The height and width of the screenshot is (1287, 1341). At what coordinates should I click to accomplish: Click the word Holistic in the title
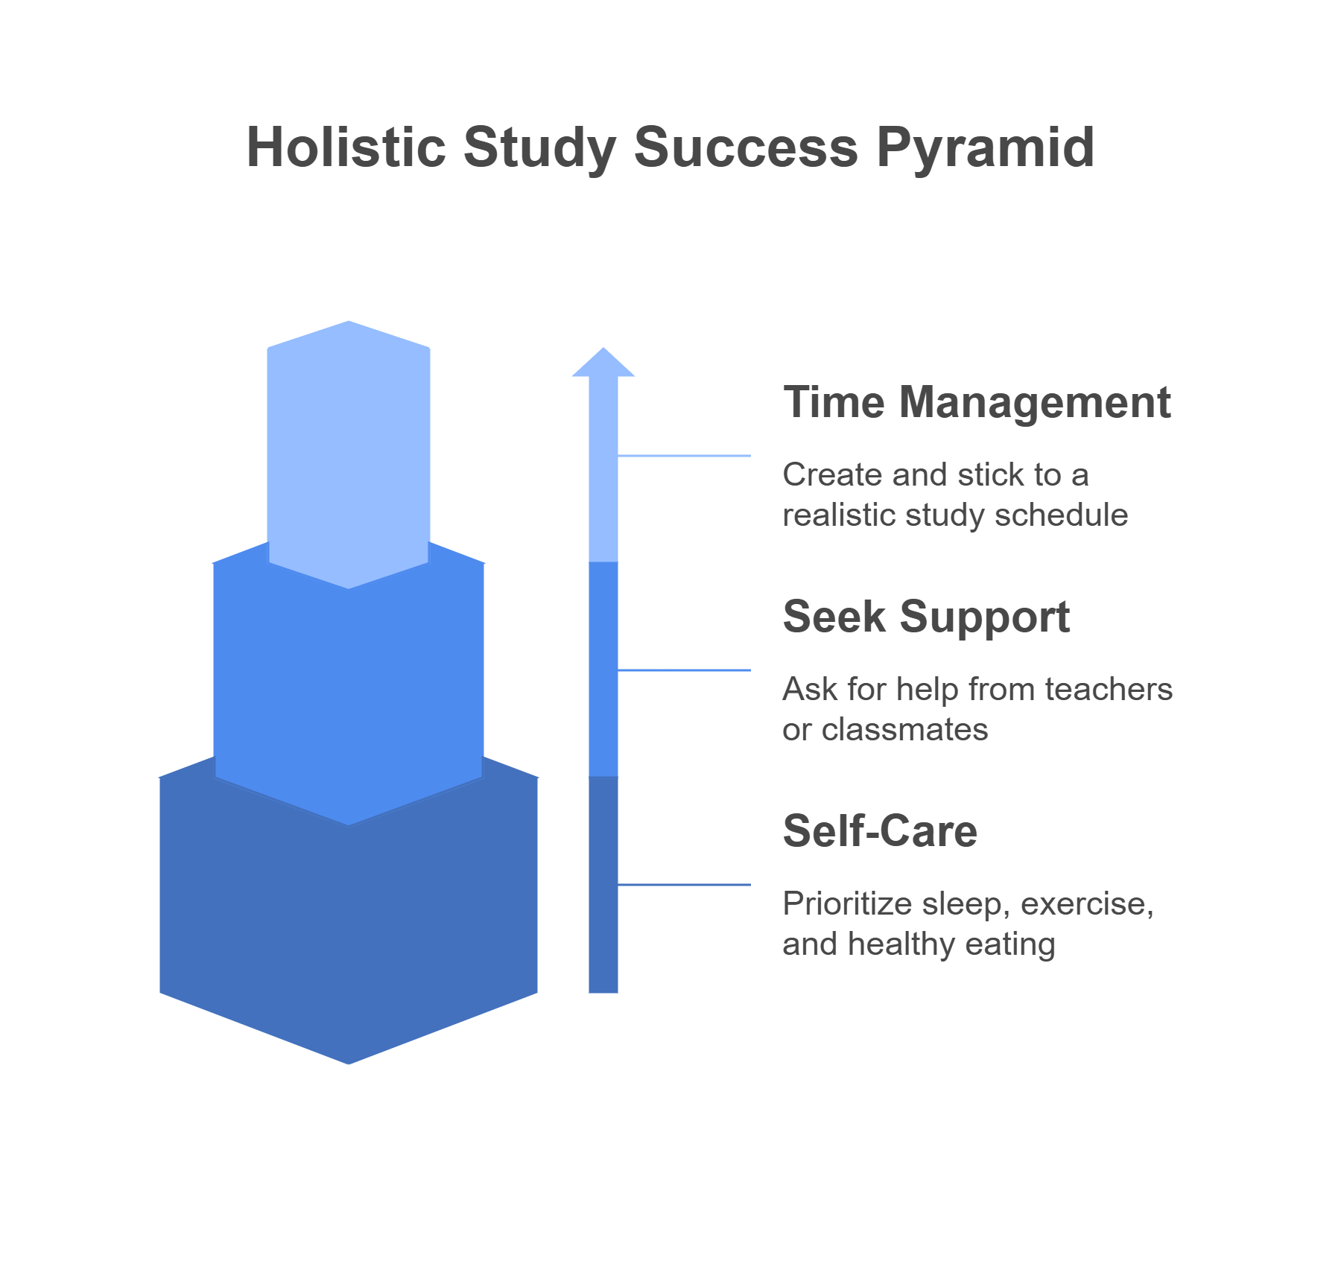346,147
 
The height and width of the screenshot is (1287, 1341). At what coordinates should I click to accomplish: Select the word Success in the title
746,147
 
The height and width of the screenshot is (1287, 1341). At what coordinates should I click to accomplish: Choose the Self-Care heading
880,831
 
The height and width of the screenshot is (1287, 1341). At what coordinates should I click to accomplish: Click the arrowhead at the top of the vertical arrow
603,362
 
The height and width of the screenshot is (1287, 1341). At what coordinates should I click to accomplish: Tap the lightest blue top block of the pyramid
349,447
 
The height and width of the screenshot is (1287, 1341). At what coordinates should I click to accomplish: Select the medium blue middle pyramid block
349,693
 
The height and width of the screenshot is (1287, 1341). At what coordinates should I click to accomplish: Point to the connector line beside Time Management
684,456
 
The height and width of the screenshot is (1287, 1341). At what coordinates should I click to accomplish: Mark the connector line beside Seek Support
684,670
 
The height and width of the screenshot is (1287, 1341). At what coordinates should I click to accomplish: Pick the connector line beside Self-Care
684,885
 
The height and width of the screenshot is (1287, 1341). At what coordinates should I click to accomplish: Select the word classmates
905,730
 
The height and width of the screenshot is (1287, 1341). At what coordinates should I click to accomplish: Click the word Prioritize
848,904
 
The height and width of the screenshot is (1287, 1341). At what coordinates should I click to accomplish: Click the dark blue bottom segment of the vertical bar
603,885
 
